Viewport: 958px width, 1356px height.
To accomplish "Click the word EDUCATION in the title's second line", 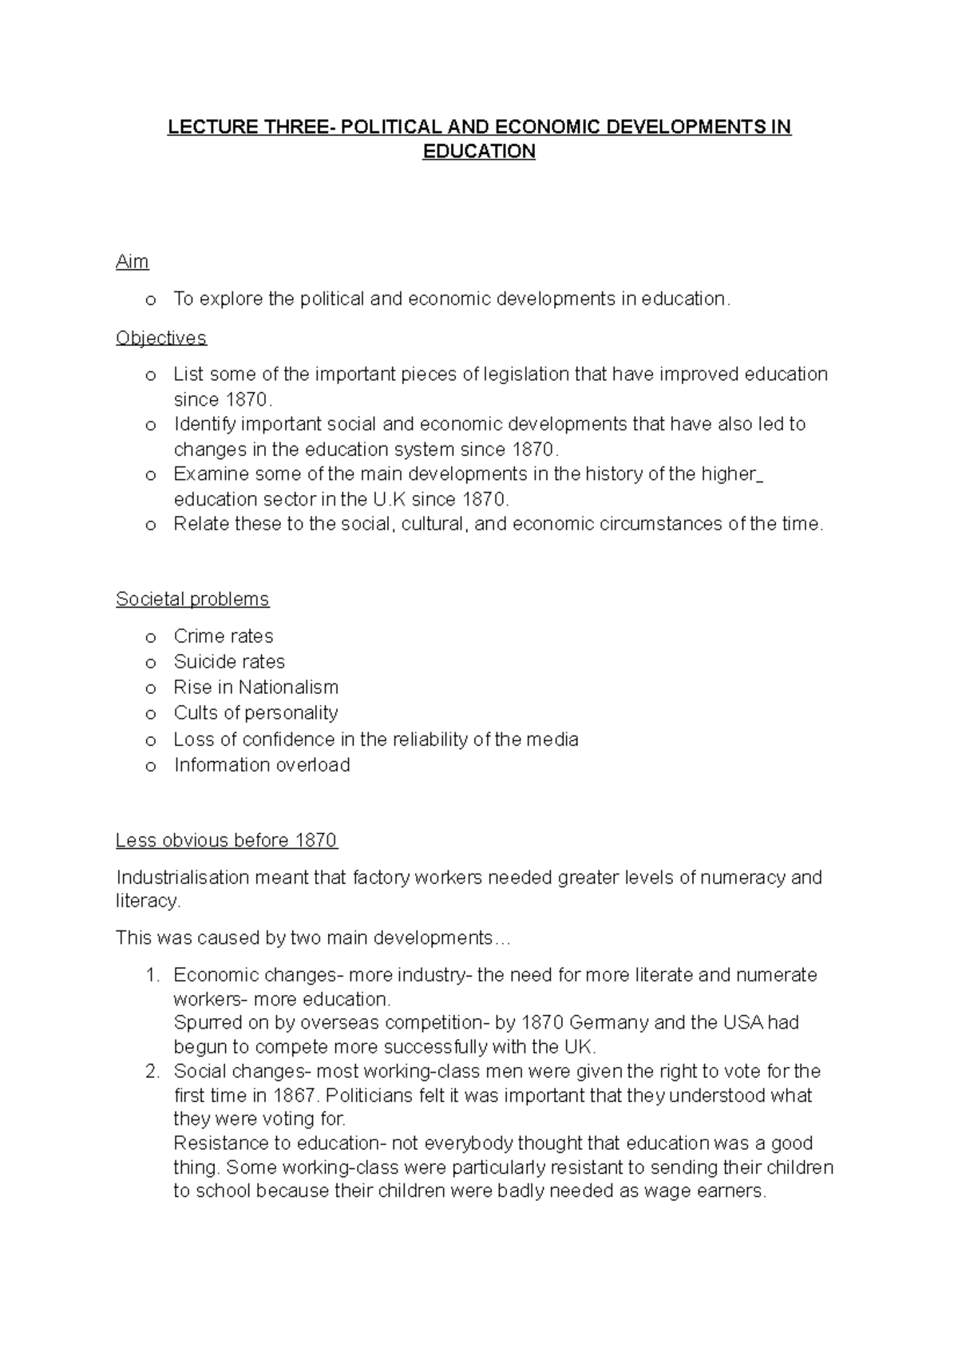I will [478, 152].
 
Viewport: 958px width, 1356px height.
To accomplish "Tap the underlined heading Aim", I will [132, 262].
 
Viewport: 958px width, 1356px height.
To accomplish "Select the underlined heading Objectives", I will [160, 338].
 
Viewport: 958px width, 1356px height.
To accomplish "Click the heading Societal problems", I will [192, 599].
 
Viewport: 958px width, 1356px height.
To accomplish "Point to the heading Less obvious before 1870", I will [227, 840].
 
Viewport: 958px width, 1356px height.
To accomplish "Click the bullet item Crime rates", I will [224, 636].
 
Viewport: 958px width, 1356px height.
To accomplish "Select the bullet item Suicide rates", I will [229, 662].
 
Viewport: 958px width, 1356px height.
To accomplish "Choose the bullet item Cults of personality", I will [255, 713].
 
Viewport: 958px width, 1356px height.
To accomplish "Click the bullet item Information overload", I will [262, 765].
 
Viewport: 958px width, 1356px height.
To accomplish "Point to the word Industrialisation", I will [182, 878].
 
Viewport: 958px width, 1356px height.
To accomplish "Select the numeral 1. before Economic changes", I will [153, 975].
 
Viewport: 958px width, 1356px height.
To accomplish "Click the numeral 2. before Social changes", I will [153, 1072].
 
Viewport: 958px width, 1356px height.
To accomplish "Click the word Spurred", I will [207, 1023].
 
